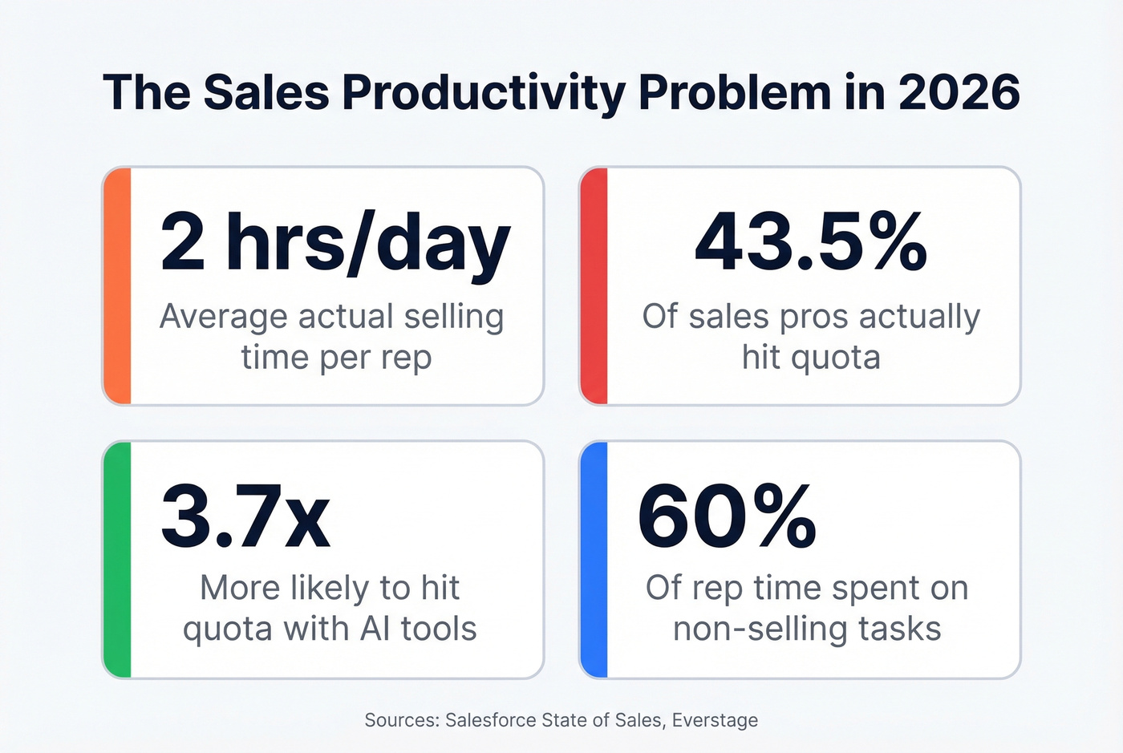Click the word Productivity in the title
pos(483,92)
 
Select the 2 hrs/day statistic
pos(334,243)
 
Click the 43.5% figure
pos(811,243)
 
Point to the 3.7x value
pos(245,516)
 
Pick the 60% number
pos(727,516)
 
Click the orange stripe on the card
pos(118,286)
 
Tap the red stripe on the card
pos(594,286)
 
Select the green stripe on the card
pos(118,560)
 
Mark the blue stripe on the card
pos(594,560)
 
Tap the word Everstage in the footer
pos(715,720)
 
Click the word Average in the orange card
pos(223,317)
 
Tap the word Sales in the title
pos(266,92)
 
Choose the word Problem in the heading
pos(734,92)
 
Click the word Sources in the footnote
pos(401,720)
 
